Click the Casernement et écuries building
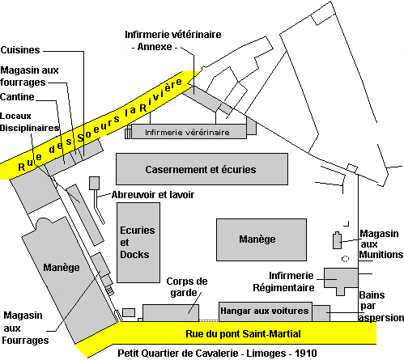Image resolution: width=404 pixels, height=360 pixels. tap(202, 169)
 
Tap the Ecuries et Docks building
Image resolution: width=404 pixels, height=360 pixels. tap(138, 243)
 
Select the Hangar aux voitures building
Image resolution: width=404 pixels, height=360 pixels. tap(266, 311)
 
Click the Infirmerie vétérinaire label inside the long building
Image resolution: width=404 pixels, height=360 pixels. tap(187, 133)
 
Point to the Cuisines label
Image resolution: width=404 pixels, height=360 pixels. tap(20, 50)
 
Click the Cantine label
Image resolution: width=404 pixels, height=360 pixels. tap(17, 97)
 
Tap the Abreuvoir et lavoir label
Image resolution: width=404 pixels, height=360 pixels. tap(153, 195)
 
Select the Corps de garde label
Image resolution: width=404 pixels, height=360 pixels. tap(187, 287)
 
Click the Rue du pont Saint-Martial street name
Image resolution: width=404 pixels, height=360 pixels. tap(243, 334)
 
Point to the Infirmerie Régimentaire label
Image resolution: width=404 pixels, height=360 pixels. tap(283, 282)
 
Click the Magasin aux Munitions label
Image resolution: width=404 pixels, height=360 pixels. tap(381, 244)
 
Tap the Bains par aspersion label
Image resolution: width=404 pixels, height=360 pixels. tap(381, 307)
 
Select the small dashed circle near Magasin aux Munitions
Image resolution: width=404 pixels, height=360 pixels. tap(345, 259)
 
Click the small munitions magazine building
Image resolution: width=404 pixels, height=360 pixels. tap(337, 240)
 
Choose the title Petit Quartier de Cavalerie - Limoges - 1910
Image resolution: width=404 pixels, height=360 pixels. tap(217, 354)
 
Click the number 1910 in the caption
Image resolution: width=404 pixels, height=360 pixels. tap(306, 354)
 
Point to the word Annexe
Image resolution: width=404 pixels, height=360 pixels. tap(155, 47)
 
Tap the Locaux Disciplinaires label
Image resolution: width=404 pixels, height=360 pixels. tap(29, 122)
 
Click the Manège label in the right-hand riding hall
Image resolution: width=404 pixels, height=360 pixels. tap(257, 239)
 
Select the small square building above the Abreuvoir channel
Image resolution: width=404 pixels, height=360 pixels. tap(95, 183)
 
